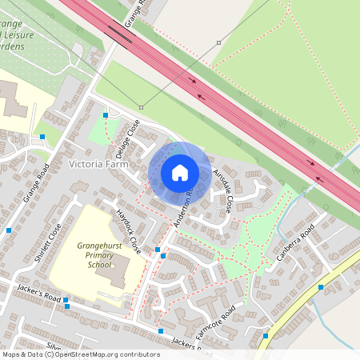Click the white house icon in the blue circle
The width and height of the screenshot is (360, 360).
coord(179,173)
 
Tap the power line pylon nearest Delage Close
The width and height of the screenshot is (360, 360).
coord(141,106)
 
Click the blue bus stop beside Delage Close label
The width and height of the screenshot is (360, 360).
coord(106,116)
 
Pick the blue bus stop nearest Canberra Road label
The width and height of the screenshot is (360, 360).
coord(320,286)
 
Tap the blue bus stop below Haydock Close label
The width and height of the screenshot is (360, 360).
coord(158,250)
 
